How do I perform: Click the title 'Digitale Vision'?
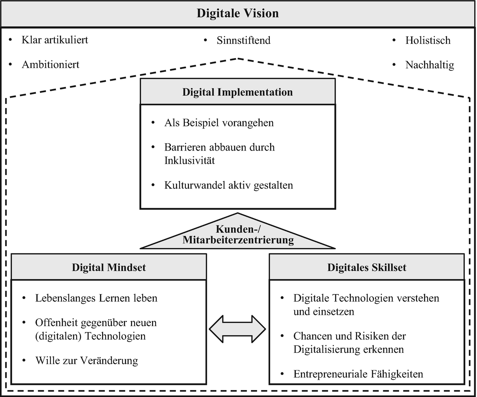click(x=237, y=13)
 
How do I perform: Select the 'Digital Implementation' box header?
click(x=237, y=92)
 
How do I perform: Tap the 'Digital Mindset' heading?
click(x=109, y=268)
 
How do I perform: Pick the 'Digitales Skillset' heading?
click(x=367, y=268)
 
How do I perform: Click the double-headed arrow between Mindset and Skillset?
click(x=237, y=329)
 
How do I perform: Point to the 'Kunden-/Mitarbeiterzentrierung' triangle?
click(x=238, y=235)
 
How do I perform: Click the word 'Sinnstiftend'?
click(x=243, y=40)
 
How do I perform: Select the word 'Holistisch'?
click(x=428, y=40)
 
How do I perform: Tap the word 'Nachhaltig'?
click(x=429, y=65)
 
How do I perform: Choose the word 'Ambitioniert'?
click(x=50, y=65)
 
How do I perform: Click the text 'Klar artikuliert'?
click(x=55, y=40)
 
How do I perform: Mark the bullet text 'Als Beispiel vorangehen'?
click(x=219, y=123)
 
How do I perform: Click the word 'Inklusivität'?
click(x=190, y=161)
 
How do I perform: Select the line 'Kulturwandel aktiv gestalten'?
click(x=229, y=185)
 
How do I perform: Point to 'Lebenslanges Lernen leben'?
click(x=96, y=298)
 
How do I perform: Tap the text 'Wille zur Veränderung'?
click(x=87, y=361)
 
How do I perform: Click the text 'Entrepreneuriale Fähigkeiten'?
click(x=358, y=374)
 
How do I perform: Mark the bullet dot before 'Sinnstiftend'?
click(x=205, y=40)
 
